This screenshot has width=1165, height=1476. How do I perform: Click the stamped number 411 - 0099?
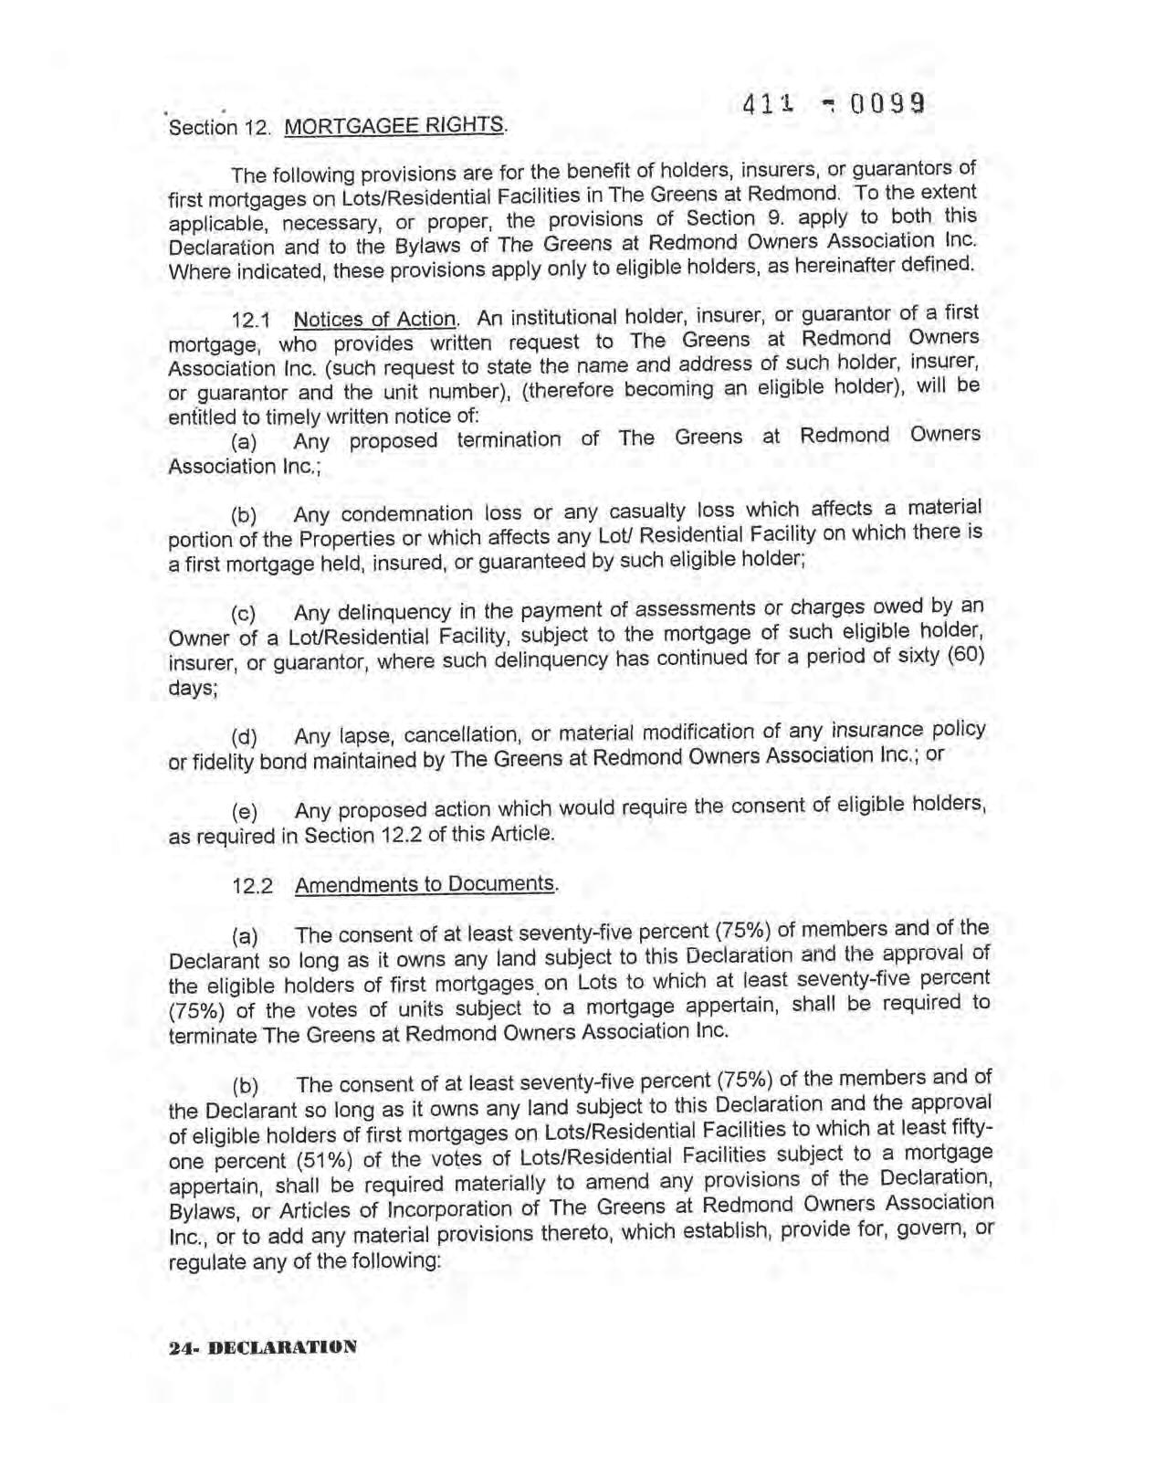(x=834, y=104)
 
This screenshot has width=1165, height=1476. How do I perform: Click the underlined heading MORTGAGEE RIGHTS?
(x=394, y=125)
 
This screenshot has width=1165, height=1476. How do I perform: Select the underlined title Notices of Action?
(x=374, y=319)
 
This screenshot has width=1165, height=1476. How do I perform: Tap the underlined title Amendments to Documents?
(x=425, y=884)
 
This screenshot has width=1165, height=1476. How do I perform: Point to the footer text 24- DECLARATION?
(x=263, y=1347)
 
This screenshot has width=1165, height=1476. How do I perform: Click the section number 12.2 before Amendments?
(x=253, y=886)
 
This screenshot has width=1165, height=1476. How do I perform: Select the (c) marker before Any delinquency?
(x=244, y=613)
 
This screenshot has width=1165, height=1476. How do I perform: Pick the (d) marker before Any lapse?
(x=244, y=737)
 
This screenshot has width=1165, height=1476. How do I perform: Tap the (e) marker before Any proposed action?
(x=244, y=812)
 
